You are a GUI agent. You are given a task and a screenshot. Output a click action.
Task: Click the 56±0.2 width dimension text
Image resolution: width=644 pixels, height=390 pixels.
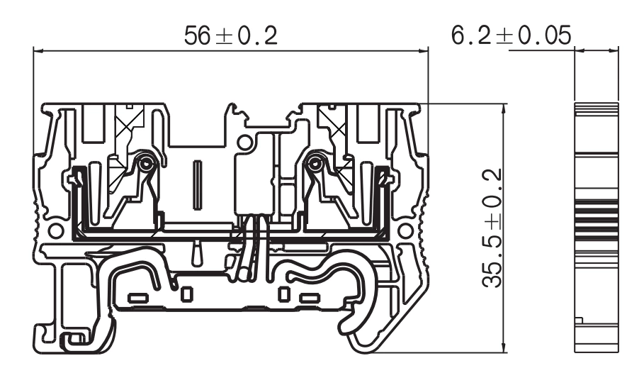230,35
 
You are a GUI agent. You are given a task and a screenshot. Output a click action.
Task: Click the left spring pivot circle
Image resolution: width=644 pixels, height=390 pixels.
146,163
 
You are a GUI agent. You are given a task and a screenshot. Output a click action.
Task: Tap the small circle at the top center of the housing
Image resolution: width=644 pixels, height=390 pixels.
244,143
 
